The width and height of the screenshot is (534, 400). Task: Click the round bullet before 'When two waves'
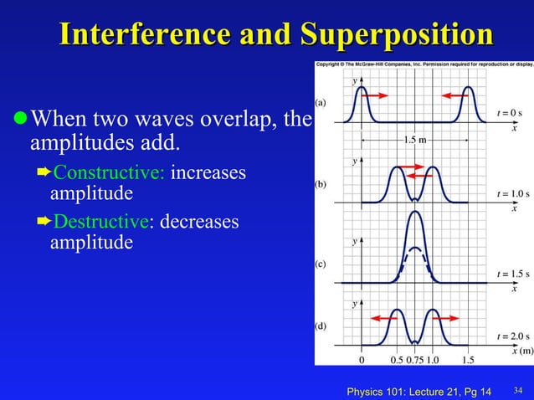(x=19, y=119)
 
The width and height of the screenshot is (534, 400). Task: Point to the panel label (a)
(x=321, y=102)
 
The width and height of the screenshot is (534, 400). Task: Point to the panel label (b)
(x=321, y=184)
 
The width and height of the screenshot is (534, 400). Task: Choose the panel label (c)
(x=321, y=264)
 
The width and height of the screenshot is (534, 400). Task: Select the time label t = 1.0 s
(x=512, y=193)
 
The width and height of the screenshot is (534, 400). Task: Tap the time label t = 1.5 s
(x=512, y=274)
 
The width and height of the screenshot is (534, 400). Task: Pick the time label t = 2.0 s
(x=512, y=336)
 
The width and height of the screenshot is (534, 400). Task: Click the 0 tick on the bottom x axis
(x=362, y=361)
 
